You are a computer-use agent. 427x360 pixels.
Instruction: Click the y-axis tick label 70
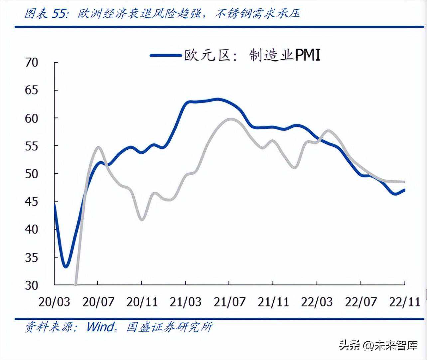pos(32,63)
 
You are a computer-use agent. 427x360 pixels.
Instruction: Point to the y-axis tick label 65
pos(32,90)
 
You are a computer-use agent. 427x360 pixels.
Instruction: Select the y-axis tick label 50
pos(32,174)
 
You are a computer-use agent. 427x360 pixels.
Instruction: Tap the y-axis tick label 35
pos(32,258)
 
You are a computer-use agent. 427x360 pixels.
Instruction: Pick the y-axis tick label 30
pos(32,285)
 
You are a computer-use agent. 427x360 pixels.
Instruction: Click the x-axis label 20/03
pos(54,302)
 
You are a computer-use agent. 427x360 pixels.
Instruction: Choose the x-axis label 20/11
pos(142,302)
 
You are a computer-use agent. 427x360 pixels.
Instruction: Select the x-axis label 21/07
pos(229,302)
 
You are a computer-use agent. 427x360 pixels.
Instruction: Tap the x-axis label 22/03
pos(317,302)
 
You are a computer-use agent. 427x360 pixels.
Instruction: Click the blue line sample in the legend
pos(165,55)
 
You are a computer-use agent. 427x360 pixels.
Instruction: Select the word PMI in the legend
pos(308,55)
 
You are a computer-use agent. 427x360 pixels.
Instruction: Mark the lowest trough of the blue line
pos(66,267)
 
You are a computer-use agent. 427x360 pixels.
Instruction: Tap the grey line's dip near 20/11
pos(142,220)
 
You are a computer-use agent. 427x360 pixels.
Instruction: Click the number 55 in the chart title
pos(59,13)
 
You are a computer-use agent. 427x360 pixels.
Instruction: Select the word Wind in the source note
pos(100,327)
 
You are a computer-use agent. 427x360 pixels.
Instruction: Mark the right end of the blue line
pos(404,190)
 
